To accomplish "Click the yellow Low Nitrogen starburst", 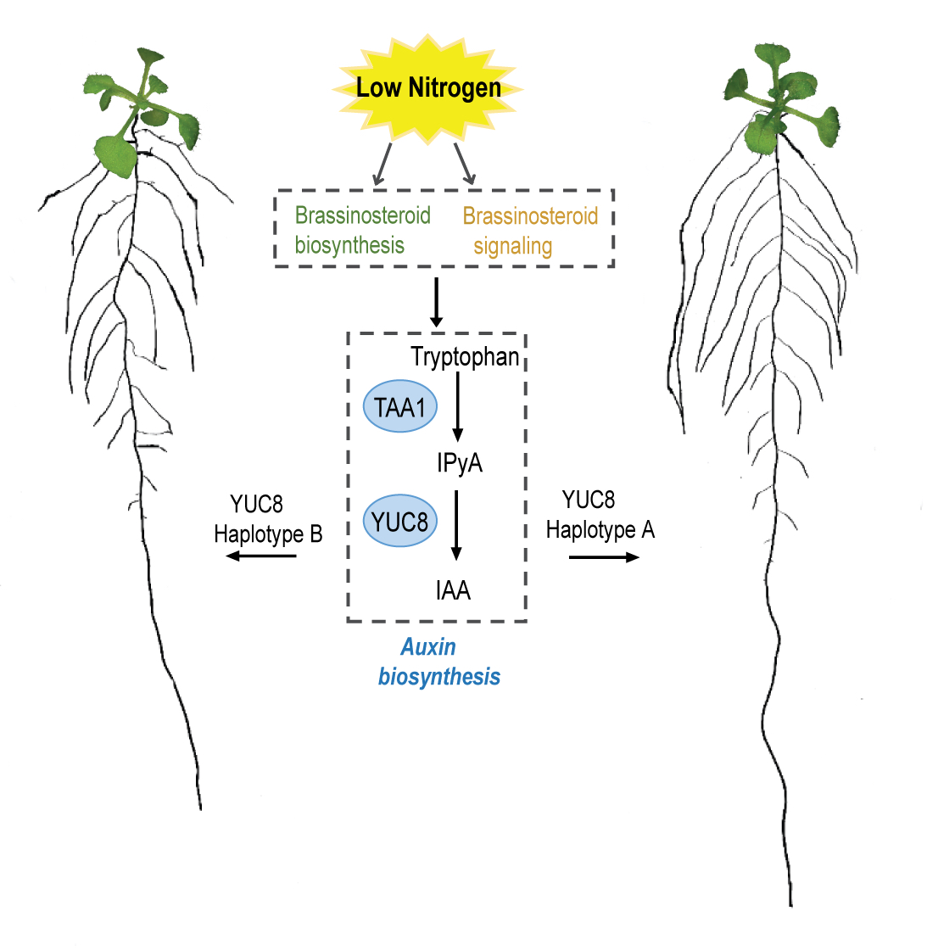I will point(428,87).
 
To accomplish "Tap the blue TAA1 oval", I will point(400,407).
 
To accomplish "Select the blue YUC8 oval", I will point(400,521).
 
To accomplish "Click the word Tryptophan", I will point(465,357).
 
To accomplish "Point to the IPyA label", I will point(460,463).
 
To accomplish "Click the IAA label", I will point(453,590).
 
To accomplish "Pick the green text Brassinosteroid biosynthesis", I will point(362,231).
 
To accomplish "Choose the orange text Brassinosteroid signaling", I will point(529,231).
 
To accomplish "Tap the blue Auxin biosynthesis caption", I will point(438,662).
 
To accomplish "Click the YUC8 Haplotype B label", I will point(268,519).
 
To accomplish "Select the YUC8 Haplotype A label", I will point(600,515).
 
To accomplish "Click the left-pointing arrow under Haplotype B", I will point(261,556).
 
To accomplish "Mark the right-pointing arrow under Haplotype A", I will point(604,557).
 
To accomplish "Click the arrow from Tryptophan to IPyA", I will point(458,407).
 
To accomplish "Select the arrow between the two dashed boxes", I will point(436,302).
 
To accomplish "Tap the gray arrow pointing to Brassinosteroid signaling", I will point(464,165).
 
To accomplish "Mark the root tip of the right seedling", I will point(790,902).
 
